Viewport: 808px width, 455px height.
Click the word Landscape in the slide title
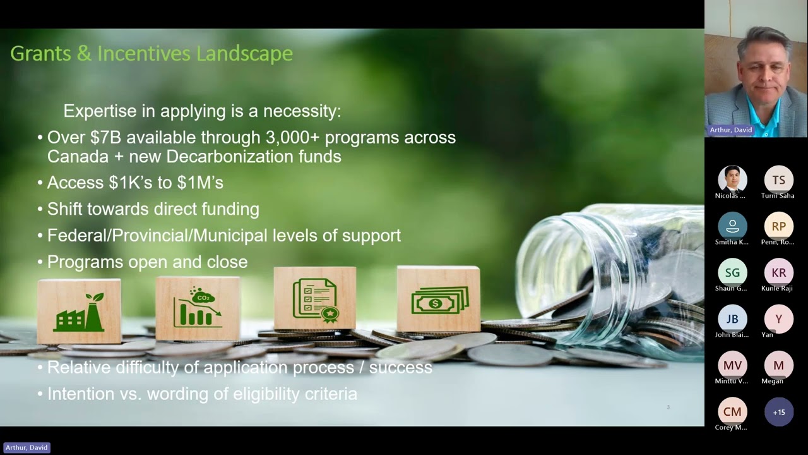[244, 54]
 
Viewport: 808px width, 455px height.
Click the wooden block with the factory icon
[79, 312]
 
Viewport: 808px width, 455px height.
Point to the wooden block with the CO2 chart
[198, 308]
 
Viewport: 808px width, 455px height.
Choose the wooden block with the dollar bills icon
[438, 299]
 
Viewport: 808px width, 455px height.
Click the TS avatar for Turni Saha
[778, 179]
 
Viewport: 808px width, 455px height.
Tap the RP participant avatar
[778, 226]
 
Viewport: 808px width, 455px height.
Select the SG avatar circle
[732, 272]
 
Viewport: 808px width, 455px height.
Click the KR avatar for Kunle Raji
[778, 272]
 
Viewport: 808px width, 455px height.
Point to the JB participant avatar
[732, 318]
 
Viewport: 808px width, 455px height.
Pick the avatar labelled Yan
[778, 318]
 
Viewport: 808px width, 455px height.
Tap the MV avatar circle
[732, 365]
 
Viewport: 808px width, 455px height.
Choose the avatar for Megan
[778, 365]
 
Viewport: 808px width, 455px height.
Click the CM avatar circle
[732, 411]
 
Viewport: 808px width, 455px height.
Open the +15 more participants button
[778, 412]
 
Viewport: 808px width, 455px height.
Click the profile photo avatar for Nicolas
[732, 179]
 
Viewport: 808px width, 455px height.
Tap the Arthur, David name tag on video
[731, 130]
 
